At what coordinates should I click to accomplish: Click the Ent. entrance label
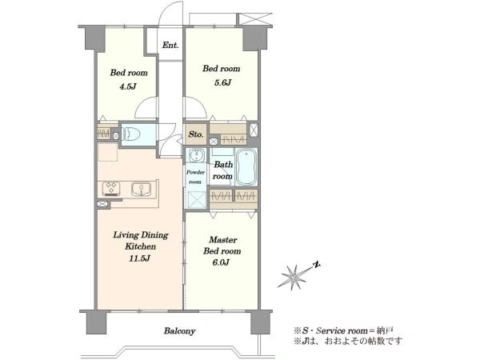click(170, 46)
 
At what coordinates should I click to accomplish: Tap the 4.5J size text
click(128, 86)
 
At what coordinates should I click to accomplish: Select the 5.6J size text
click(222, 82)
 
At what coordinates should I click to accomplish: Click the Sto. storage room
click(196, 134)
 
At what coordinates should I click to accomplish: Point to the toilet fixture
click(131, 134)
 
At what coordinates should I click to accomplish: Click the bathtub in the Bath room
click(246, 167)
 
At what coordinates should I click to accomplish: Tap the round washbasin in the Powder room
click(196, 156)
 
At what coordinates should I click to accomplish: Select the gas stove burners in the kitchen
click(111, 188)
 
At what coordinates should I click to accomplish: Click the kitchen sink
click(141, 189)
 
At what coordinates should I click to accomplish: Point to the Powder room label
click(195, 177)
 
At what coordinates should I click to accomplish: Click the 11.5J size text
click(139, 258)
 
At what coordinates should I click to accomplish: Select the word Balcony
click(179, 331)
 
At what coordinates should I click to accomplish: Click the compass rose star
click(292, 278)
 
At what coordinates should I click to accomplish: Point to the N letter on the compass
click(317, 265)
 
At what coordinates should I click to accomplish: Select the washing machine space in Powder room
click(196, 199)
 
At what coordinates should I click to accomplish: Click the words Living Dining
click(141, 235)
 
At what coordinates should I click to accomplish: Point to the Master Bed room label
click(222, 246)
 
